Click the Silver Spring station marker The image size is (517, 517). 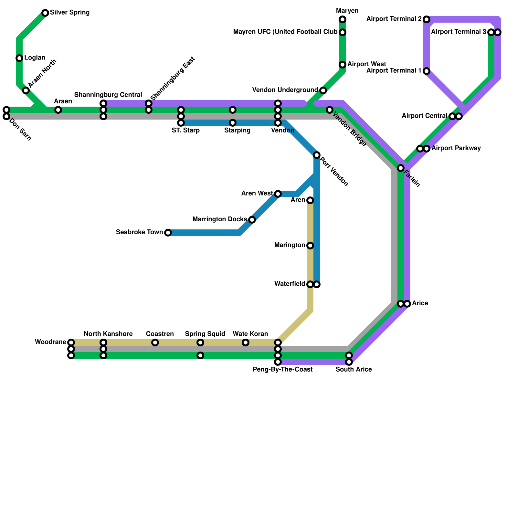(45, 13)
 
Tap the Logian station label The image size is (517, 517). (35, 58)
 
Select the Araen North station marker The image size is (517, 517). (26, 90)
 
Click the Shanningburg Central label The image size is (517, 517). (108, 95)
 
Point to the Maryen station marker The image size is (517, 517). (343, 19)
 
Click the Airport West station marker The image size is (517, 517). (343, 65)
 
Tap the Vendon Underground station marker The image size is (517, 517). (323, 90)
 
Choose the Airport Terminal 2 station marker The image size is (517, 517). (427, 19)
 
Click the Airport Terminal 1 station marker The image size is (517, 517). (427, 71)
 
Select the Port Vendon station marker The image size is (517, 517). (317, 155)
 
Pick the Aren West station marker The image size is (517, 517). (278, 194)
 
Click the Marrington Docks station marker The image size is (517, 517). (252, 220)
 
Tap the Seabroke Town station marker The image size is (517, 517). (168, 233)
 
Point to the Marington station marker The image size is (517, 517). (310, 246)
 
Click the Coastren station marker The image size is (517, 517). (155, 343)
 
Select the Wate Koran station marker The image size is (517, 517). (246, 343)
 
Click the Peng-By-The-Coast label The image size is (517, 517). (283, 370)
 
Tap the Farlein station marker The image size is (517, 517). (401, 168)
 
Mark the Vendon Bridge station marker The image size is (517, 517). (330, 110)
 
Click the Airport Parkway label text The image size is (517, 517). (456, 149)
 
